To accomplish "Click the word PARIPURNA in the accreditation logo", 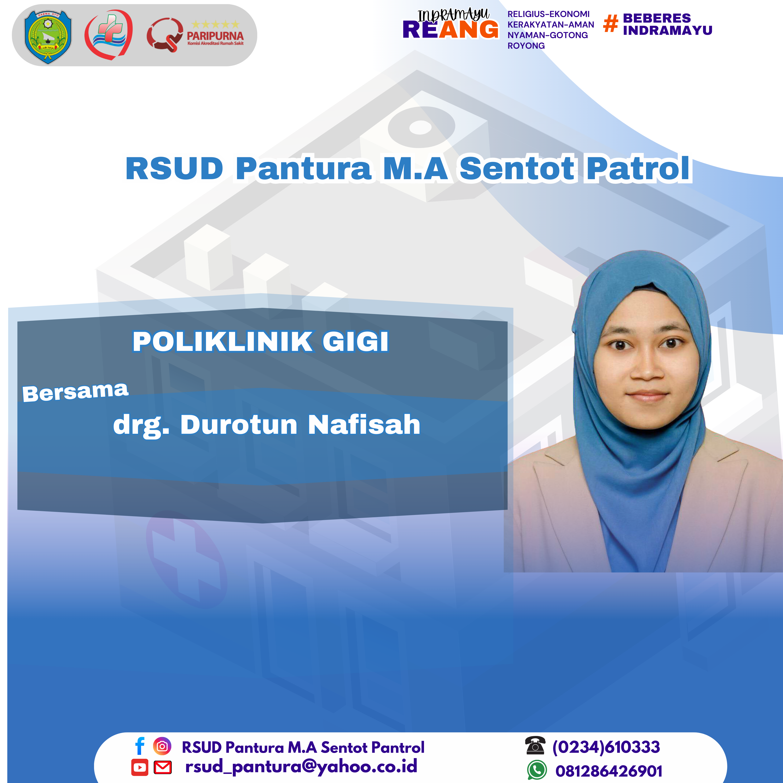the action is point(215,36).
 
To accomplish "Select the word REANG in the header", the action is point(450,30).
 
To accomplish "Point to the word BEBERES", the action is point(657,18).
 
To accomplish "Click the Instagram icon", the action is point(162,746).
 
